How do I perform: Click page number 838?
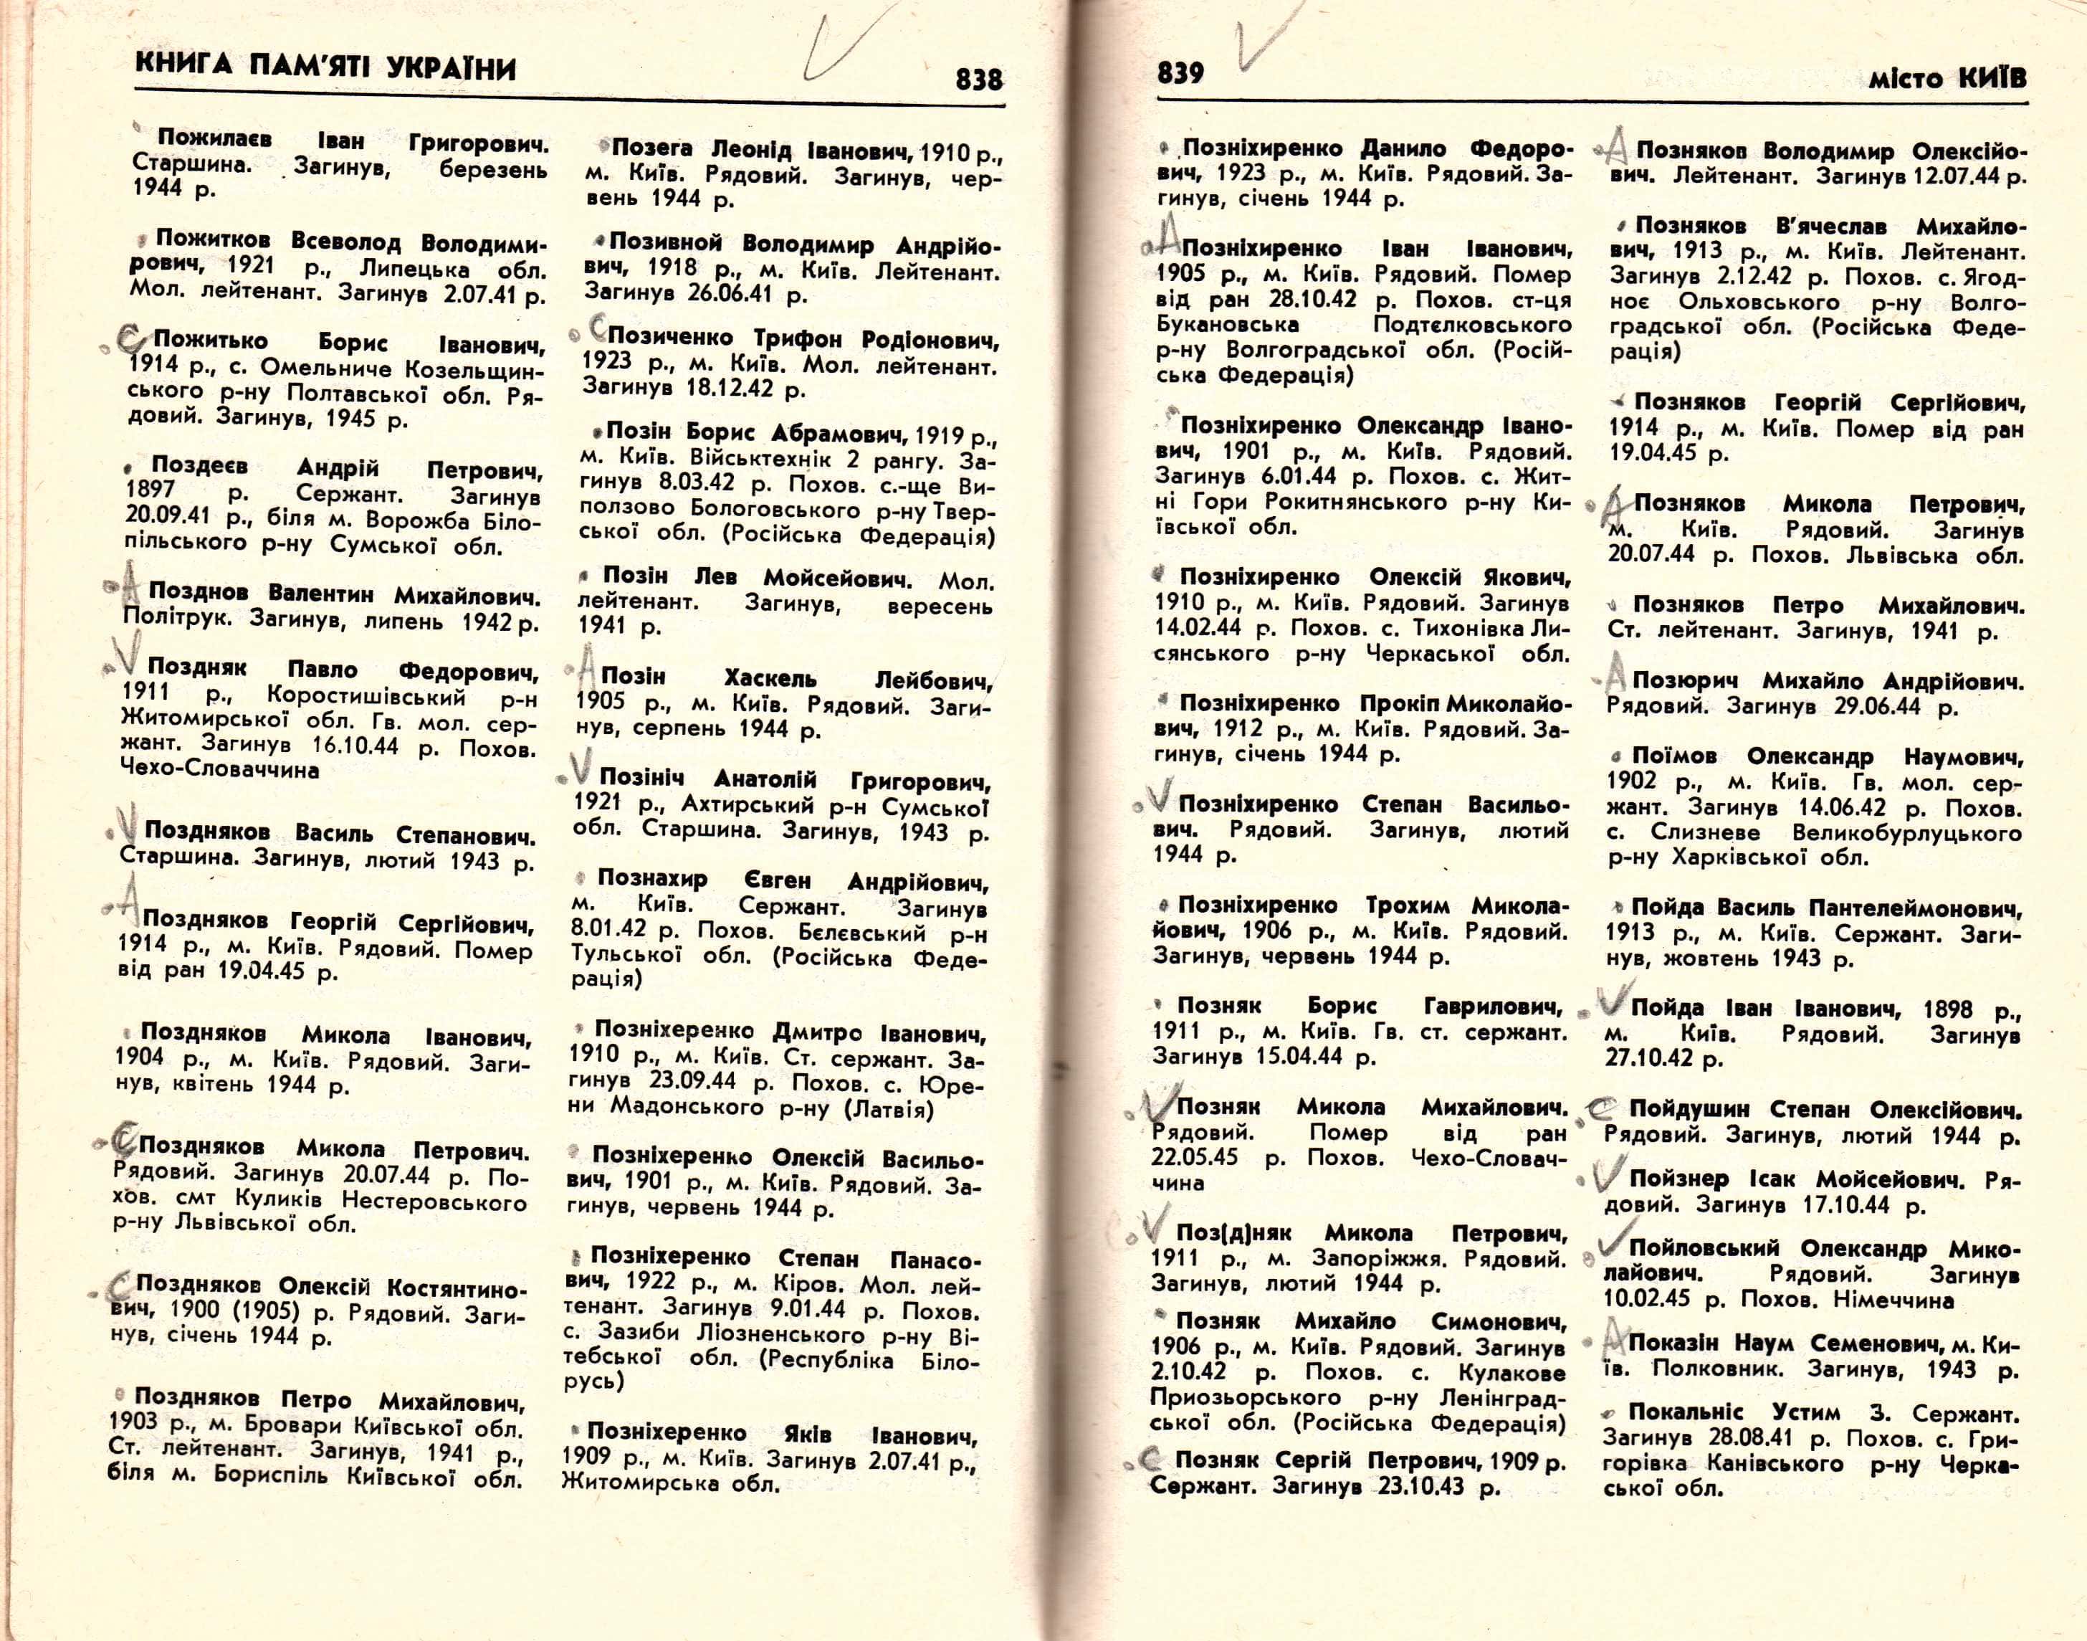979,79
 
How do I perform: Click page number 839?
1180,73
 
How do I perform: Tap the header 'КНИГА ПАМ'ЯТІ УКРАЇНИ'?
325,68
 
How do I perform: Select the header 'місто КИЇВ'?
1947,78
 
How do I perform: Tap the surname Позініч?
641,776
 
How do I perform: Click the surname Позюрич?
1685,680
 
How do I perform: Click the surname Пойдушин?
1689,1109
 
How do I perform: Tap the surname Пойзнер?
1678,1178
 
